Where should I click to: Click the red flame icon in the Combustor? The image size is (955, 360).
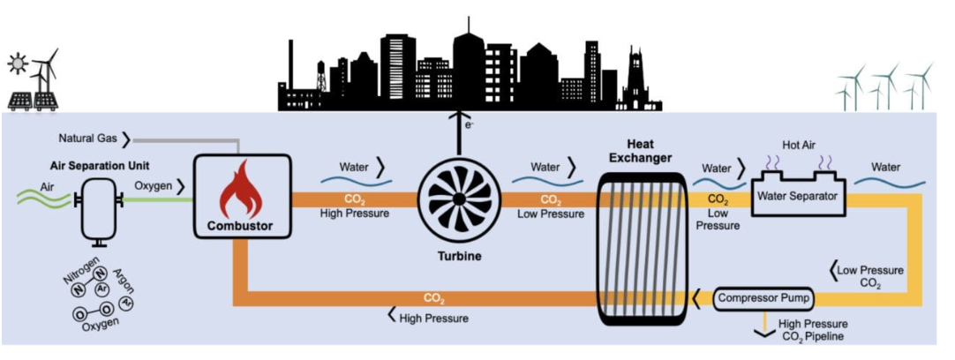coord(240,196)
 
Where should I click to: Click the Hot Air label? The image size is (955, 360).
coord(798,144)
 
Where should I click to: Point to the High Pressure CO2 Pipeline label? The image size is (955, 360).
coord(814,330)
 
